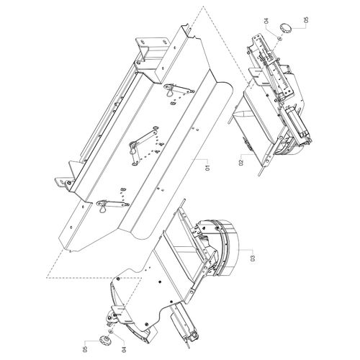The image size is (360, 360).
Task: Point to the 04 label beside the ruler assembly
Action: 266,21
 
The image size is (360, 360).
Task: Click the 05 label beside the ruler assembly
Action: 306,20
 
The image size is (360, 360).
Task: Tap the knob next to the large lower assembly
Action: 104,341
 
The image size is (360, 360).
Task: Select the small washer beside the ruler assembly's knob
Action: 279,38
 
